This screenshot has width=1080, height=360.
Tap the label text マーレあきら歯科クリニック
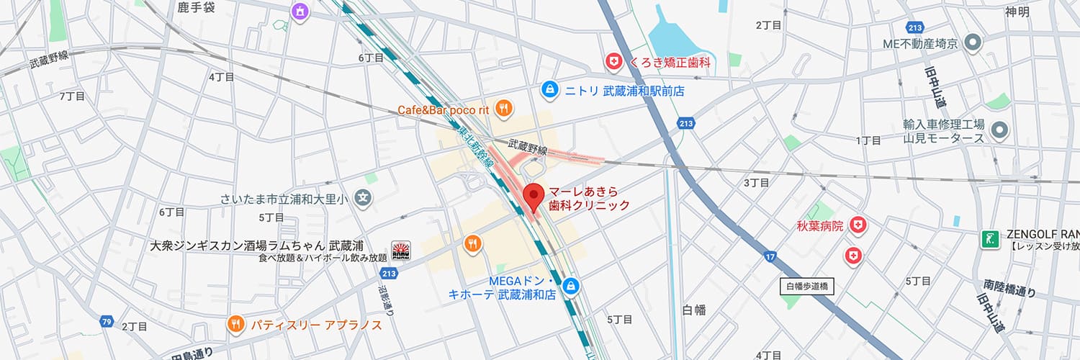(x=589, y=199)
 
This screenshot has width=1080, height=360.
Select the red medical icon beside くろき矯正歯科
(x=613, y=63)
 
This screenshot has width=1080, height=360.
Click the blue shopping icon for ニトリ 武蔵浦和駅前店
(x=549, y=91)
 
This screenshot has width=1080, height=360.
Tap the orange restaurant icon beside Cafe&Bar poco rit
(x=504, y=109)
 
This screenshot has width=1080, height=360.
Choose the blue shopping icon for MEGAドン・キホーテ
(x=571, y=287)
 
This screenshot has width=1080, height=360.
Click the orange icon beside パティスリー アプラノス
(x=235, y=325)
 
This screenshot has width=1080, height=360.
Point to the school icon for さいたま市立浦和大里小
(x=365, y=197)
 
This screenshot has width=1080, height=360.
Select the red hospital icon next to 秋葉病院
(x=857, y=226)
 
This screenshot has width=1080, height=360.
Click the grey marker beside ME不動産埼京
(x=973, y=43)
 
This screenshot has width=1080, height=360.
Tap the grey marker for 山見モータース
(x=999, y=130)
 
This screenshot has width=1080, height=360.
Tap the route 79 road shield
(x=107, y=321)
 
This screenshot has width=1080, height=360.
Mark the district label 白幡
(x=693, y=310)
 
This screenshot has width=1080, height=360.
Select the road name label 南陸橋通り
(x=1009, y=289)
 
